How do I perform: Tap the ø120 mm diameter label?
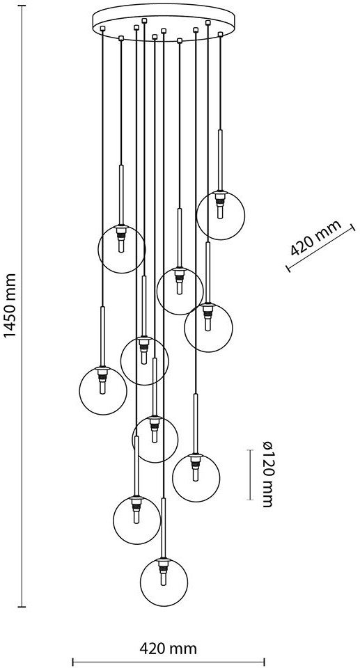coord(267,474)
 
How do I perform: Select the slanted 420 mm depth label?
coord(316,238)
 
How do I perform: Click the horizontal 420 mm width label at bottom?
coord(169,649)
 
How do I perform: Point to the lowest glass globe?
coord(164,582)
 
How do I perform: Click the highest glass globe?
coord(221,216)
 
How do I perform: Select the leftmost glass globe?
coord(103,390)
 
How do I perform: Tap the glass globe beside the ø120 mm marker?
coord(196,478)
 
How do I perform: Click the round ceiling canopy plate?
coord(164,22)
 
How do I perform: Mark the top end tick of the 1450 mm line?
coord(22,6)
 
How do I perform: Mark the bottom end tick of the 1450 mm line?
coord(22,606)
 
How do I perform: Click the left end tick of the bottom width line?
coord(72,661)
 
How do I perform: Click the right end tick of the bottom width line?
coord(265,661)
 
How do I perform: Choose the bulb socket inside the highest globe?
coord(220,204)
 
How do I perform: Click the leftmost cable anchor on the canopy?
coord(102,29)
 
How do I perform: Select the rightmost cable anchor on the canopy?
coord(220,33)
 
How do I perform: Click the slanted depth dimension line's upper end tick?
coord(353,228)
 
